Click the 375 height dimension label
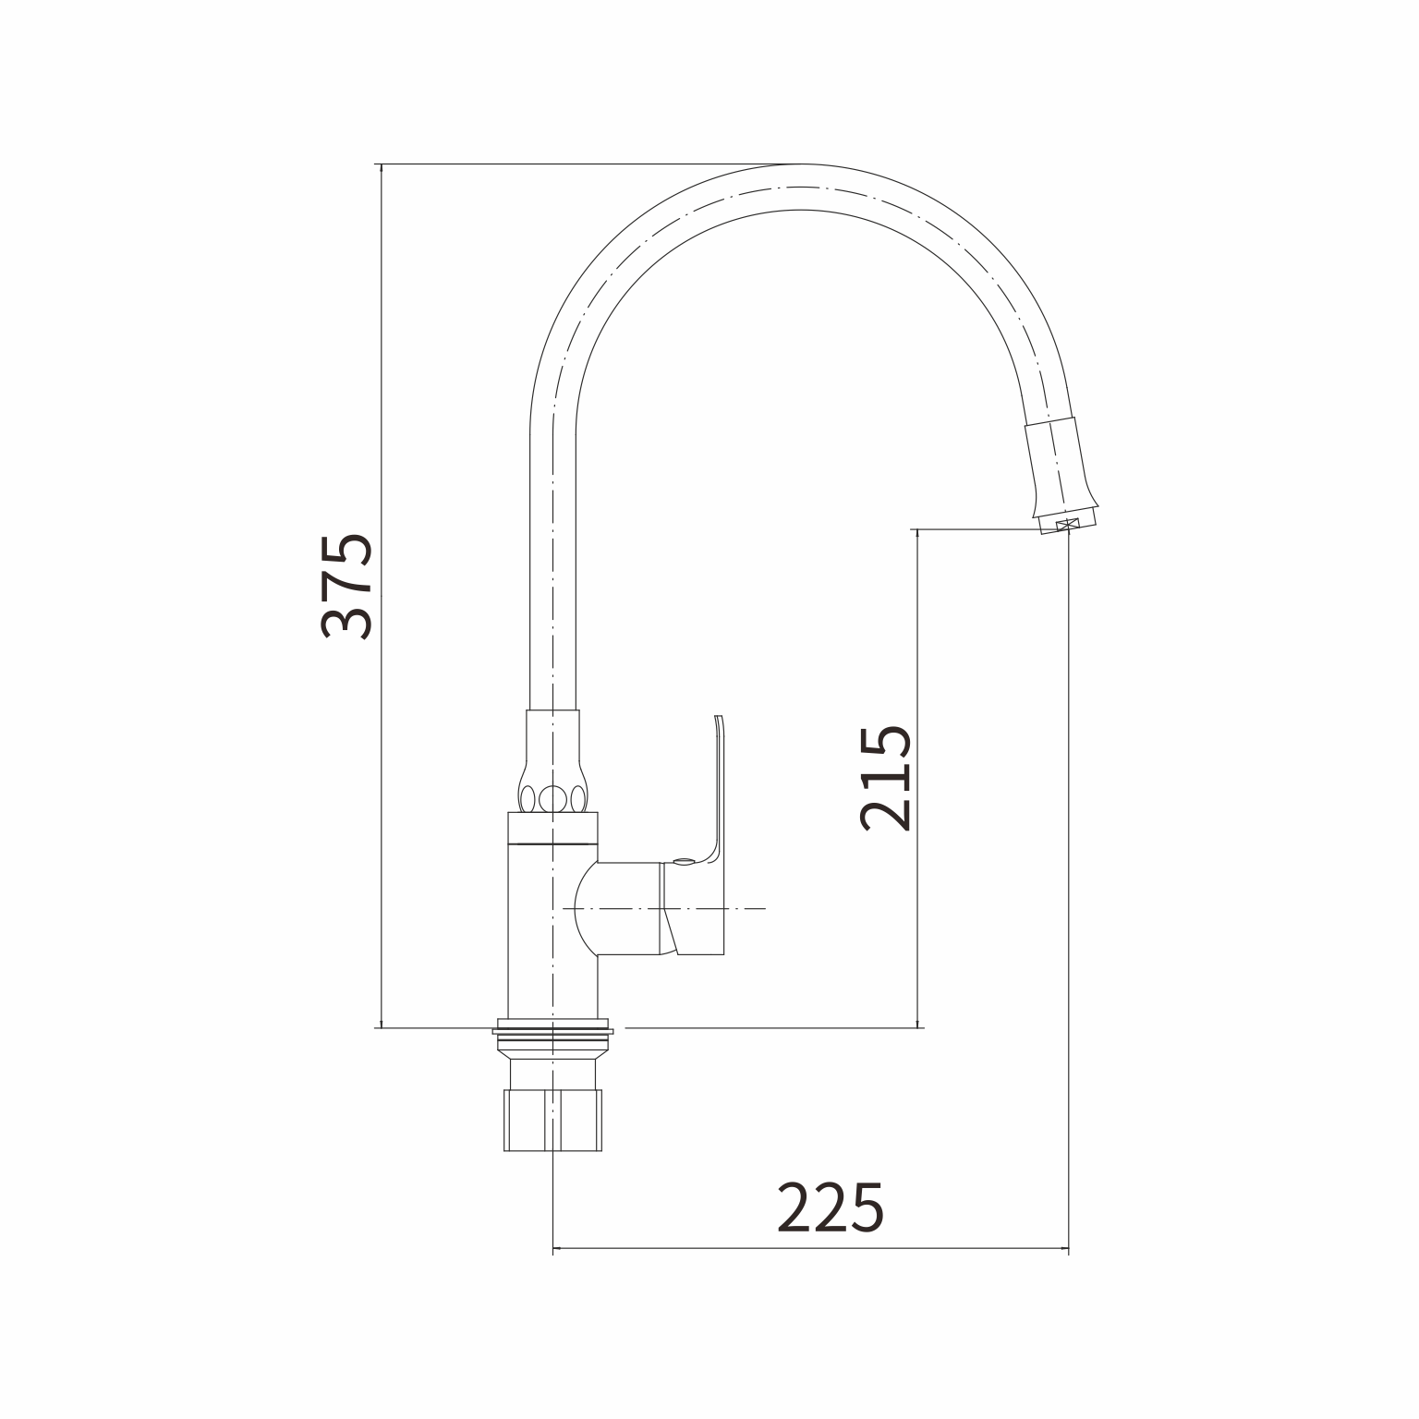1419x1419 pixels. pyautogui.click(x=346, y=586)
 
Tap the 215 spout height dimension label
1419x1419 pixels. pyautogui.click(x=885, y=778)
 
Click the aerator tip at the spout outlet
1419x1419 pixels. pyautogui.click(x=1068, y=525)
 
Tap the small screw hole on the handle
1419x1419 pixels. pyautogui.click(x=683, y=862)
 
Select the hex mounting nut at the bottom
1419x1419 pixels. pyautogui.click(x=552, y=1121)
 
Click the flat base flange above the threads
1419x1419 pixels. pyautogui.click(x=552, y=1027)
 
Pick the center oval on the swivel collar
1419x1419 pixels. pyautogui.click(x=552, y=797)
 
